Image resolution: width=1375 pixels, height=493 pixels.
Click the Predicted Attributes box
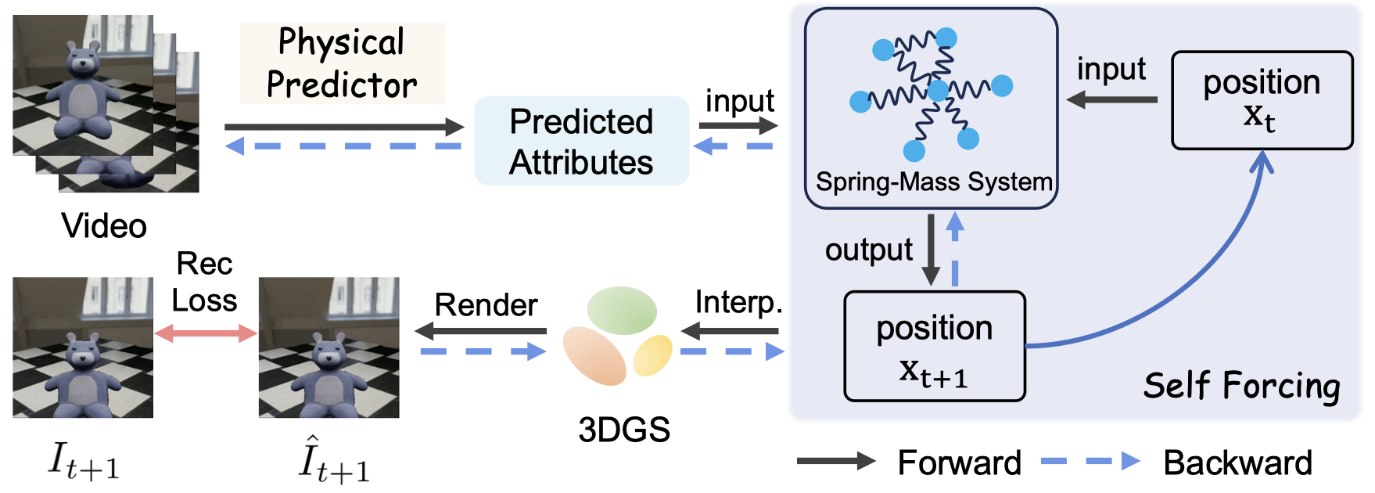point(581,141)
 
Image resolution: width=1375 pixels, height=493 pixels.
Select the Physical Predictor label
point(342,63)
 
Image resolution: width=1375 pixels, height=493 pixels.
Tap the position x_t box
point(1262,100)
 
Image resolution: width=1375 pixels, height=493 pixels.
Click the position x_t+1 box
point(934,346)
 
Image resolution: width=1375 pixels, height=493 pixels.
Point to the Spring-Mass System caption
point(934,182)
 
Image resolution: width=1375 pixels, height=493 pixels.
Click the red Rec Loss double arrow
point(206,334)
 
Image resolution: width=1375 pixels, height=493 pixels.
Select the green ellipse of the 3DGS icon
point(622,311)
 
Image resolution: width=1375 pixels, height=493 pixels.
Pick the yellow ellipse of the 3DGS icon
point(652,354)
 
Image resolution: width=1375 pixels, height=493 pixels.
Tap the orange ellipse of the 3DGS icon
point(594,355)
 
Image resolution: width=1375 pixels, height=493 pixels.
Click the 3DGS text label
point(624,430)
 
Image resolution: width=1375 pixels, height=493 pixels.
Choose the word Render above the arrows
point(486,304)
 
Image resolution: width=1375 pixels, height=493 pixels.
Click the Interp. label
point(738,302)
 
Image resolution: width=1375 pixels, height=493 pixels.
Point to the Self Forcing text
point(1241,386)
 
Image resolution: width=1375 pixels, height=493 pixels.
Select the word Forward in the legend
point(959,462)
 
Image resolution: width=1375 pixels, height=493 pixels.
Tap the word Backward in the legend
point(1237,462)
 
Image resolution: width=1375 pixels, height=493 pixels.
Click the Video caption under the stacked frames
point(104,226)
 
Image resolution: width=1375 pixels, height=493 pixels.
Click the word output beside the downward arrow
point(868,250)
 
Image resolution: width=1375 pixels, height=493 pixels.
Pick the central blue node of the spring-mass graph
point(937,90)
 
